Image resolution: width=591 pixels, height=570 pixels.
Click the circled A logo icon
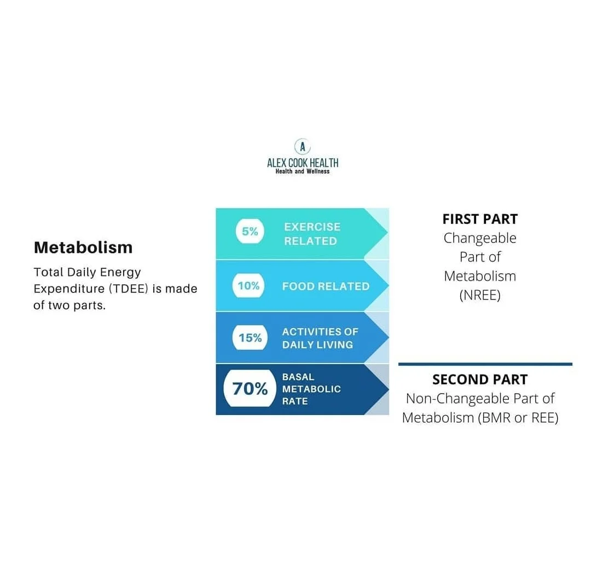[x=303, y=146]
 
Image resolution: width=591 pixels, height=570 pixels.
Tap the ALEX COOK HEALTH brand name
[x=303, y=163]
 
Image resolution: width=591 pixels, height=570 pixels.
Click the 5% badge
[x=250, y=232]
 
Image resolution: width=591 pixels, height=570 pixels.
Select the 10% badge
[x=248, y=286]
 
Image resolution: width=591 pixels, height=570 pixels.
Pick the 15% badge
[x=250, y=338]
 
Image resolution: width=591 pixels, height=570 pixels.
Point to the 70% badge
[x=250, y=389]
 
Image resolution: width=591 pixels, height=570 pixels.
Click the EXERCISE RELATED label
[x=312, y=234]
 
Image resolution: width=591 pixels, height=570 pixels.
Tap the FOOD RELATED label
[x=326, y=286]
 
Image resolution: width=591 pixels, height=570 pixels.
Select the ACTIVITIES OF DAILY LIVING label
[x=320, y=338]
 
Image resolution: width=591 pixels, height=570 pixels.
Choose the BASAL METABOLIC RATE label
[x=311, y=389]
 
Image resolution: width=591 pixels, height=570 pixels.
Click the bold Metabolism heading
[x=83, y=247]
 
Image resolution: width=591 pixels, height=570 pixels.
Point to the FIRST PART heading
[x=480, y=219]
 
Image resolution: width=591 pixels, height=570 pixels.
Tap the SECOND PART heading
[x=480, y=379]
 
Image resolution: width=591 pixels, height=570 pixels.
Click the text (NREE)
[x=480, y=295]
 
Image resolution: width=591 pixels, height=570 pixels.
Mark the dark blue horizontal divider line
[x=485, y=364]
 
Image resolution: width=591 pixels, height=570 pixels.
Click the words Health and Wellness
[x=303, y=171]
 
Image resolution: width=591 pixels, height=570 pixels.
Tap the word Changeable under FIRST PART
[x=480, y=238]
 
